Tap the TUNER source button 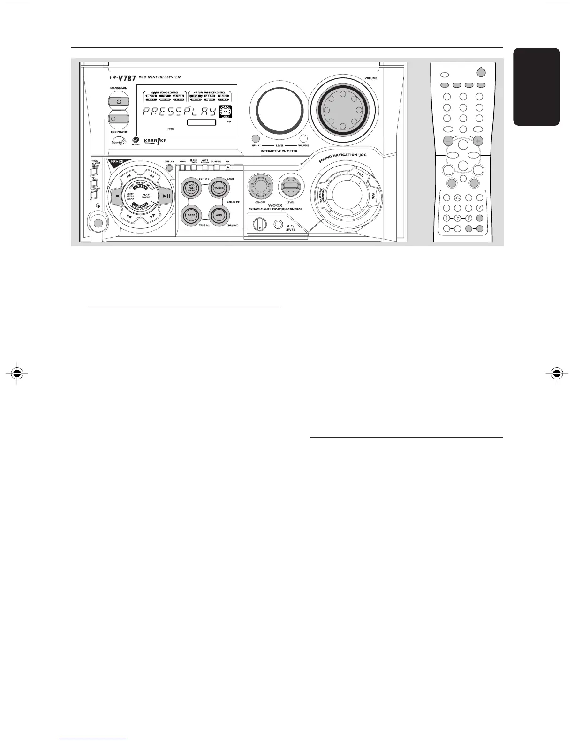[218, 188]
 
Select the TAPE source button [191, 215]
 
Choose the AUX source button [218, 215]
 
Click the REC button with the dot [228, 167]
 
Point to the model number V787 [127, 78]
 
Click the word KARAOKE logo [155, 140]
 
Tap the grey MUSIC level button [256, 138]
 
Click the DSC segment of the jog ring [360, 174]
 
